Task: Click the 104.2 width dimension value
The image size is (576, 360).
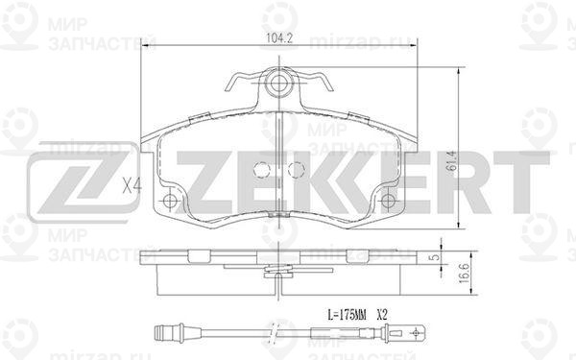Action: [278, 37]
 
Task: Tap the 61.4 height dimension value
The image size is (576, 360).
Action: [452, 160]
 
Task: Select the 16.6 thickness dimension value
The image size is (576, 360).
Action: [465, 273]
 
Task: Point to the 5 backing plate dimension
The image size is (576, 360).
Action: [435, 256]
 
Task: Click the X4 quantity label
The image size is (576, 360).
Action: [132, 184]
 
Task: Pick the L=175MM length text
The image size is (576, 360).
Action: [347, 315]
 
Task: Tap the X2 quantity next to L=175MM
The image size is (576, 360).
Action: [382, 315]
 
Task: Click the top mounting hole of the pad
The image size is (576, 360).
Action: [278, 84]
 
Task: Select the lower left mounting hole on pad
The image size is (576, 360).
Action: [170, 201]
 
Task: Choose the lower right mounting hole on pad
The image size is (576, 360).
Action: [388, 201]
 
